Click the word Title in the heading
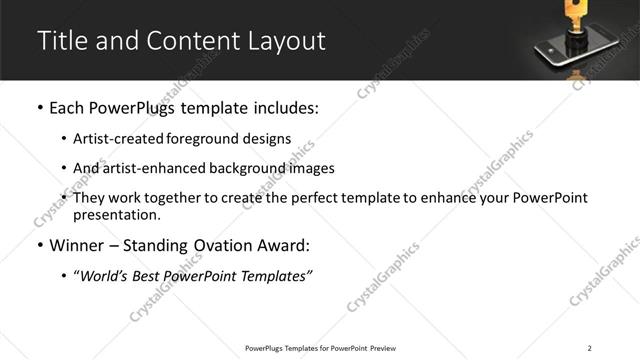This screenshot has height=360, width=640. pos(62,41)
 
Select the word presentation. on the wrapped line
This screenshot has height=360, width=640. pos(116,214)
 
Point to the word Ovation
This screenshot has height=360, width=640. pos(222,246)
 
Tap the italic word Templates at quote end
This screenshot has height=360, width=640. pos(279,277)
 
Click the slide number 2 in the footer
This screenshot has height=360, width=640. pos(590,348)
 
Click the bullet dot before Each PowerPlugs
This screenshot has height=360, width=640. pos(39,108)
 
